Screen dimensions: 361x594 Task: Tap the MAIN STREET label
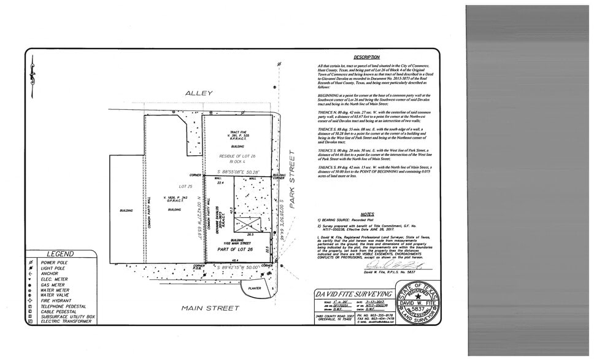coord(210,308)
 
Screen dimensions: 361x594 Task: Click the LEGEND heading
coord(60,254)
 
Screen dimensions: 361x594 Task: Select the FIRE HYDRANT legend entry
coord(55,300)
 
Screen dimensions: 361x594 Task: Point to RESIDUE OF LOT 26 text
coord(237,157)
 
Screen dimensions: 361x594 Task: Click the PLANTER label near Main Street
coord(254,287)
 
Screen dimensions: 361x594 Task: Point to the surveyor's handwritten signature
coord(393,266)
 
